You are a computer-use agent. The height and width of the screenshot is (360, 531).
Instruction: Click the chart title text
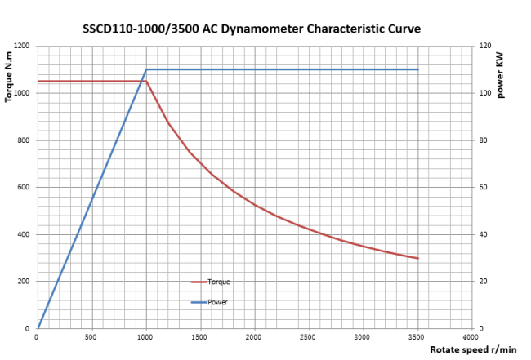(252, 29)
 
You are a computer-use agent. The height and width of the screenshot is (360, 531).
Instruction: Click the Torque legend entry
(218, 282)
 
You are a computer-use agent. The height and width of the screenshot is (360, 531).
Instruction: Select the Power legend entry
(217, 302)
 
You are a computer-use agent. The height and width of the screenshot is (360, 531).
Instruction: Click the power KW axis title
(500, 74)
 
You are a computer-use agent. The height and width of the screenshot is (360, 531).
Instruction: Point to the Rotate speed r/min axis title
(475, 349)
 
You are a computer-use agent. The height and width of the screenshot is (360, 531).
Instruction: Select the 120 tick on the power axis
(485, 46)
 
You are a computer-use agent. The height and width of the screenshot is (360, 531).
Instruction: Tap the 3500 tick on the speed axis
(417, 336)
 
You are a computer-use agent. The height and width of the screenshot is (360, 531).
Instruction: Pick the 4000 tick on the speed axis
(471, 336)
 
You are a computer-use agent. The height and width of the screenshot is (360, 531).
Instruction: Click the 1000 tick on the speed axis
(145, 336)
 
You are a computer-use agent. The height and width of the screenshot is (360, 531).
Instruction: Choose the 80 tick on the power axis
(483, 140)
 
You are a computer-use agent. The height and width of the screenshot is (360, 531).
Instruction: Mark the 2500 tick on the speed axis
(309, 336)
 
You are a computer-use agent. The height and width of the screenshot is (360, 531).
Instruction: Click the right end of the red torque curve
(417, 258)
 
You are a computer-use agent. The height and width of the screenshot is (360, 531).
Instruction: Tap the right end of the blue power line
(417, 69)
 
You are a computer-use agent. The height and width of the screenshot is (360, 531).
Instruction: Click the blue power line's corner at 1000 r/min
(145, 69)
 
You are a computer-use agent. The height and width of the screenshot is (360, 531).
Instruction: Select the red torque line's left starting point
(38, 81)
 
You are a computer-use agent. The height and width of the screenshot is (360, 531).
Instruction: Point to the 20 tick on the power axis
(483, 282)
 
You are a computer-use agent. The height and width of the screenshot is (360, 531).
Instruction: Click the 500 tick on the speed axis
(91, 336)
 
